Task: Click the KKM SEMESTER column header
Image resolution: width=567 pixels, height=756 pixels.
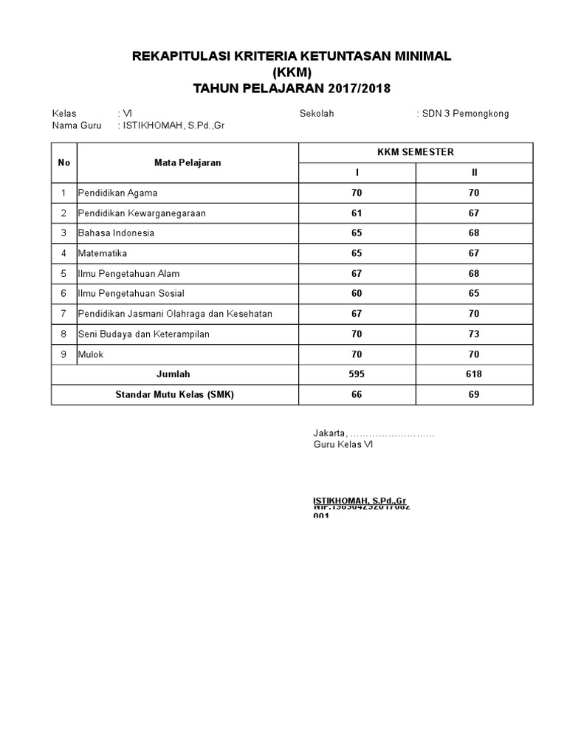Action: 415,152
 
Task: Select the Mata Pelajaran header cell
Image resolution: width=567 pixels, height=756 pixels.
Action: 188,162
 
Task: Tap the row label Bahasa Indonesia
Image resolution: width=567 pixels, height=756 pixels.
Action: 116,233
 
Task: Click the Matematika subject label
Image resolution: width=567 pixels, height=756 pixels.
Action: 103,253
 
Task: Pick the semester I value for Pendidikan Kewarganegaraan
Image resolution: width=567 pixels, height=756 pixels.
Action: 357,213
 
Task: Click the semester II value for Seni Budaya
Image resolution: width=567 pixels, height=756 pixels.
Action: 473,334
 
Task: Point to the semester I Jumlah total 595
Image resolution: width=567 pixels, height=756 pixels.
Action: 357,374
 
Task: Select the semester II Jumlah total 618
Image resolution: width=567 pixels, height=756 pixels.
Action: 473,374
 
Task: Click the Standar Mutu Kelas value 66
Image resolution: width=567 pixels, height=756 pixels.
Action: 357,394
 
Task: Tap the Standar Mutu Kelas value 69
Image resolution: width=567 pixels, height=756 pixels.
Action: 473,394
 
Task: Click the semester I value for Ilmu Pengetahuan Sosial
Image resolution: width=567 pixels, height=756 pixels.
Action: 357,294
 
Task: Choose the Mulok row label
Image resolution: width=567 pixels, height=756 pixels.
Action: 91,354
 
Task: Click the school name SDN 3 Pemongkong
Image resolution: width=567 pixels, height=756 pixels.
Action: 465,114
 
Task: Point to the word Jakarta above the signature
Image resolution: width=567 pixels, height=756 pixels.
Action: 329,433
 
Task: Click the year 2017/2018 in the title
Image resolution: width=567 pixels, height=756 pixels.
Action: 351,89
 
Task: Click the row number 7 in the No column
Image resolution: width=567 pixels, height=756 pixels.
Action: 64,314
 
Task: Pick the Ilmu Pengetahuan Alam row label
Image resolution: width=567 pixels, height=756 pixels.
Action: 128,274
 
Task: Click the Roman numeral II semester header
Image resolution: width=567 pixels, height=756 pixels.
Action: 475,173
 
